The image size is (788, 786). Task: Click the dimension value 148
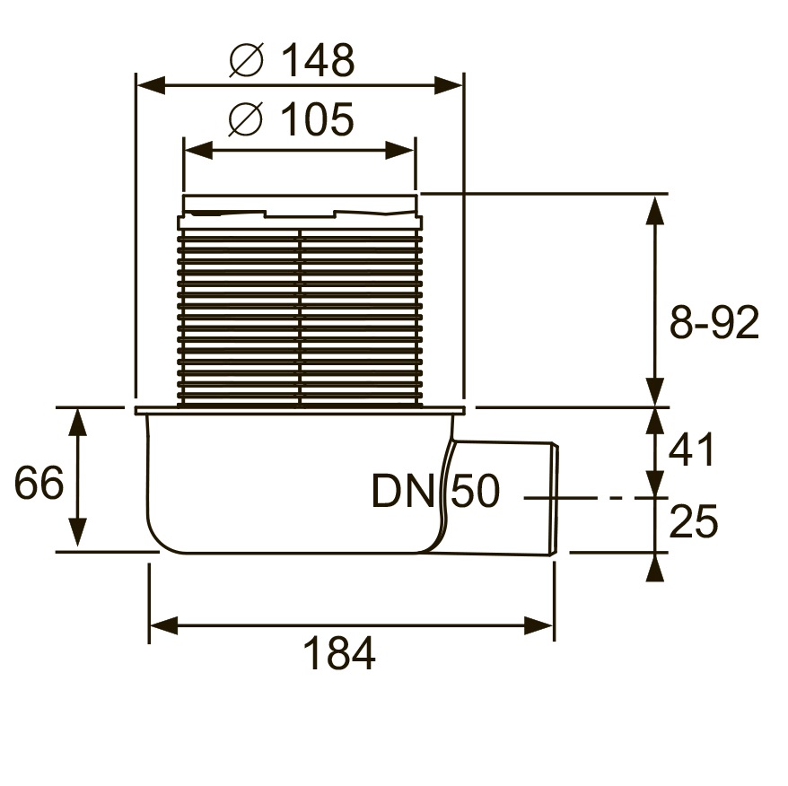tap(318, 60)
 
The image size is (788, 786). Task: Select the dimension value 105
tap(317, 119)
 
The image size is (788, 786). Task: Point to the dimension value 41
tap(691, 450)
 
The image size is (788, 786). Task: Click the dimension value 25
tap(694, 521)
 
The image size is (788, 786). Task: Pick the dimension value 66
tap(39, 483)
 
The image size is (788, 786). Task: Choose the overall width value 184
tap(339, 653)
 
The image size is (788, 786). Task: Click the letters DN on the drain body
tap(403, 491)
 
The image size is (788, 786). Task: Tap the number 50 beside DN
tap(476, 491)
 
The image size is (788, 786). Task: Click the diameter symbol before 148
tap(246, 60)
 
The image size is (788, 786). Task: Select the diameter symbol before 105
tap(246, 119)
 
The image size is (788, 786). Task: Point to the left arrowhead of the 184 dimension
tap(164, 626)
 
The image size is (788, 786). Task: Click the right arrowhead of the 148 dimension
tap(448, 85)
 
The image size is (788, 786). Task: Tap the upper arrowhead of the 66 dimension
tap(77, 422)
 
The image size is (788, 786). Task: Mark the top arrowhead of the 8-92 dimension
tap(654, 210)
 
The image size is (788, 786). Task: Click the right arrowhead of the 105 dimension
tap(399, 150)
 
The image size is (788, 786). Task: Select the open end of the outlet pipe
tap(555, 499)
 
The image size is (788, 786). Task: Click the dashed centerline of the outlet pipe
tap(596, 498)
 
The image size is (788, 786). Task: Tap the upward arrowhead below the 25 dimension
tap(654, 567)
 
